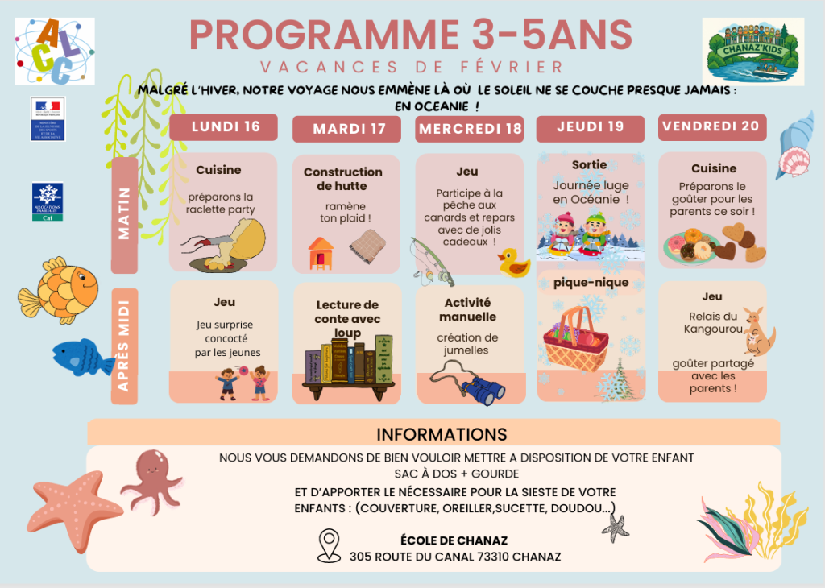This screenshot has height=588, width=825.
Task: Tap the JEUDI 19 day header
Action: (x=591, y=127)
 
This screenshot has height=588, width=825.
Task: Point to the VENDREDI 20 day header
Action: (x=712, y=126)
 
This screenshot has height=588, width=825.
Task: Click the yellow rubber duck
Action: (x=513, y=263)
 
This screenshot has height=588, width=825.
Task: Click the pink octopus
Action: (x=151, y=481)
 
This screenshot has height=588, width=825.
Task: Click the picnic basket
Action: (x=575, y=338)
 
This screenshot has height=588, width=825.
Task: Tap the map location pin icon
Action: (x=329, y=545)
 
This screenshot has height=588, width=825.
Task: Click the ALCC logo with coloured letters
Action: (x=54, y=51)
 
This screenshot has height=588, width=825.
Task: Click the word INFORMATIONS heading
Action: (x=442, y=434)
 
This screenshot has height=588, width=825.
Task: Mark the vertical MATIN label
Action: (x=124, y=215)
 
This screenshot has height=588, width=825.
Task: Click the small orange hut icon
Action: (x=320, y=252)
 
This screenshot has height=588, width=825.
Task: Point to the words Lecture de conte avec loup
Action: (x=347, y=318)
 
